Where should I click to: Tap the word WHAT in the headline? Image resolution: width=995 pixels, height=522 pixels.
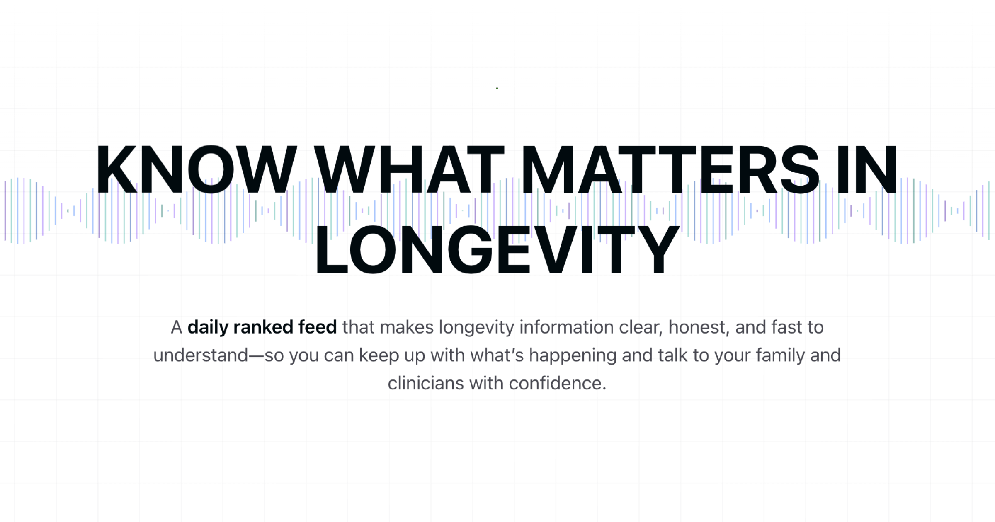pos(409,169)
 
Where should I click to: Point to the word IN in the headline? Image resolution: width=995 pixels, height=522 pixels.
pos(866,169)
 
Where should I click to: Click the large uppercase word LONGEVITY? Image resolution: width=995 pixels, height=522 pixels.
pos(497,249)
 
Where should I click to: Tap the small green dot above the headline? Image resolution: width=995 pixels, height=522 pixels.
pos(497,88)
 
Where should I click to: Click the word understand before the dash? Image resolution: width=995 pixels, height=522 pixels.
pos(201,355)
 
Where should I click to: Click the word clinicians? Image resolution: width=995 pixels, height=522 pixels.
pos(425,383)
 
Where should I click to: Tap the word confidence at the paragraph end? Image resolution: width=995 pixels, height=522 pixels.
pos(557,383)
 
